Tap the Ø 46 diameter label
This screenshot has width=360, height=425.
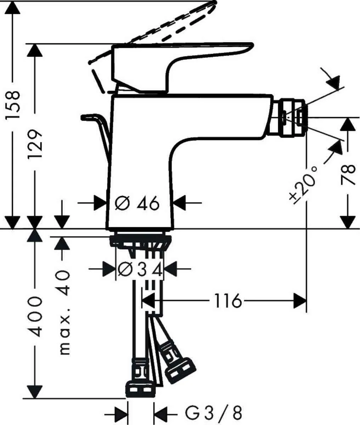(137, 203)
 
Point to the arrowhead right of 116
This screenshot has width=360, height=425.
(300, 301)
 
